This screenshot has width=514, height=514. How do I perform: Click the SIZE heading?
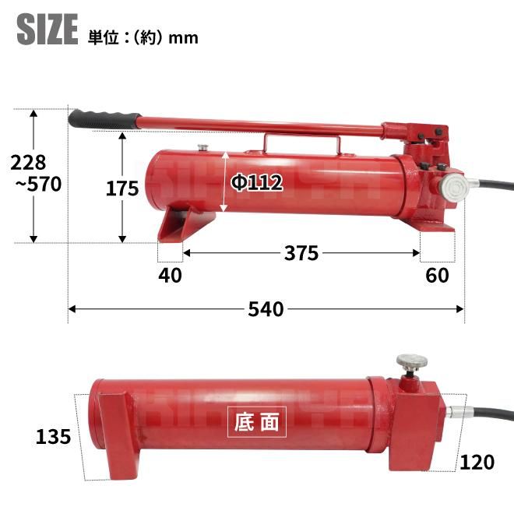click(48, 29)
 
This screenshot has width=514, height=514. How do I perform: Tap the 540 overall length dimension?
click(266, 309)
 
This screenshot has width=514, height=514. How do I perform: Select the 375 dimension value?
click(301, 253)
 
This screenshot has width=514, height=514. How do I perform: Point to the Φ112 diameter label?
click(257, 182)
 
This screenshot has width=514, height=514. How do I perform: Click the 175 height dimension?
click(122, 188)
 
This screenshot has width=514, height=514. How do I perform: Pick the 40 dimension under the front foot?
click(170, 276)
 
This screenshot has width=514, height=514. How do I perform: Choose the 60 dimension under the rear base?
click(438, 276)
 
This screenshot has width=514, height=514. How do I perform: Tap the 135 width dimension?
click(53, 437)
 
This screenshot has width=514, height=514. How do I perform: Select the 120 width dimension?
click(477, 462)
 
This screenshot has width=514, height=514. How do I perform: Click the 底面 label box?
click(257, 422)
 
